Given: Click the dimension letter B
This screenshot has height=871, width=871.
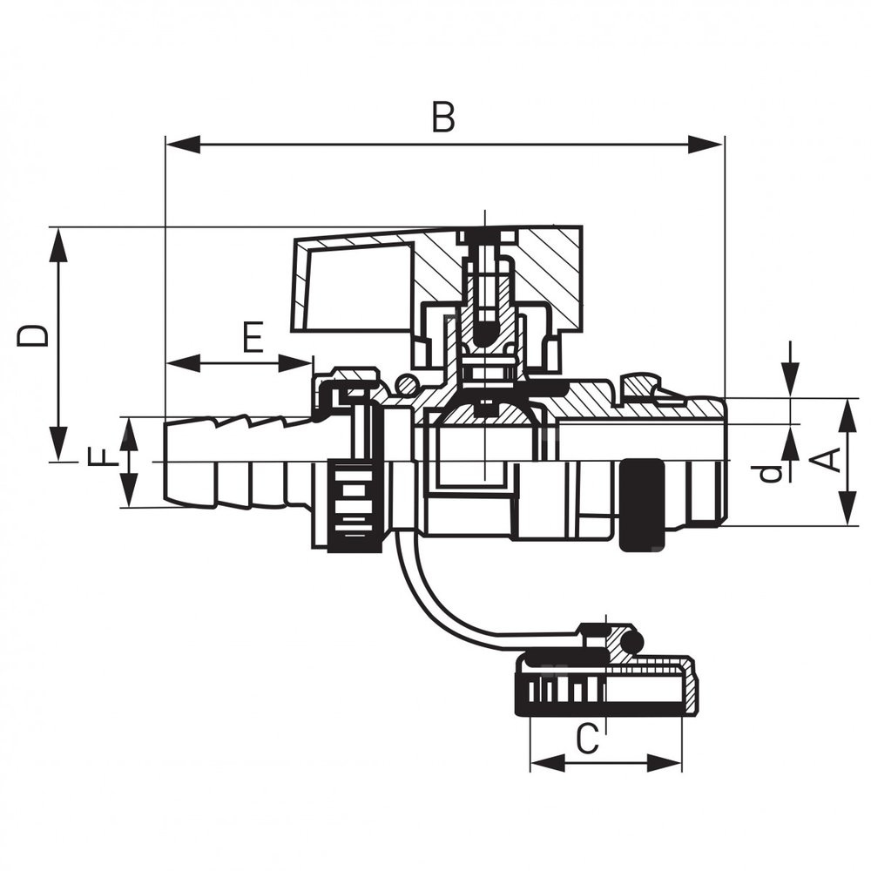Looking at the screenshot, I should tap(443, 118).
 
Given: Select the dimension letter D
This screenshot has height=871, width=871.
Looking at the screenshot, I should tap(33, 335).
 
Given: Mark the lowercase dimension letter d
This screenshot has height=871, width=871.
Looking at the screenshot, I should tap(767, 472).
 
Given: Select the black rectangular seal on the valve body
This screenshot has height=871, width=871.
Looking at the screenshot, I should tap(643, 505).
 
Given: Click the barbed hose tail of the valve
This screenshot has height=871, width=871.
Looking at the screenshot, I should tap(235, 462).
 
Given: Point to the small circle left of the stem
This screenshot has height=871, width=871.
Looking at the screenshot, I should tap(407, 384).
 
